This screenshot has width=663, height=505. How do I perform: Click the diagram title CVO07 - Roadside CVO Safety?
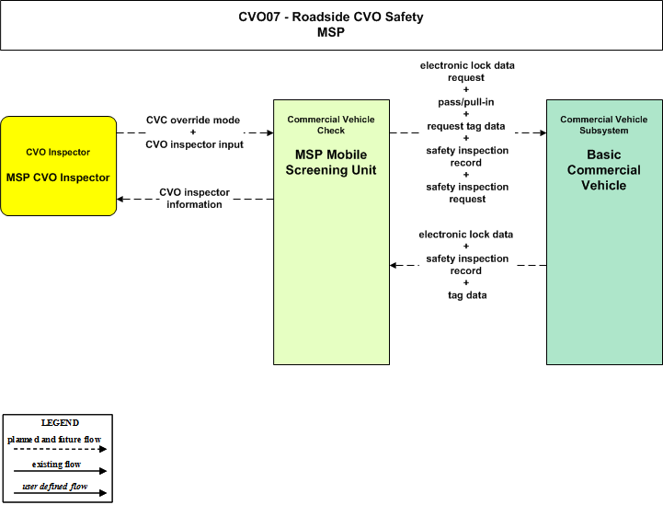[x=331, y=17]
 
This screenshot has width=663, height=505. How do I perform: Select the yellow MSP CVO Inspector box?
[x=58, y=166]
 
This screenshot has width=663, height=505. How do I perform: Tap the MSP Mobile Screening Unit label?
[x=331, y=163]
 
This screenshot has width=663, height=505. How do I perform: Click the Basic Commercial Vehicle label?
[x=604, y=170]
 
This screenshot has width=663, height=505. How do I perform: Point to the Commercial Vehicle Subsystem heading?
[x=604, y=125]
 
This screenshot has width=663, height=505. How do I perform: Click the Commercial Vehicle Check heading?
[x=331, y=125]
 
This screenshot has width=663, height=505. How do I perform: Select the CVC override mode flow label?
[x=193, y=121]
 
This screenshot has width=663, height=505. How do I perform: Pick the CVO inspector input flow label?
[x=195, y=144]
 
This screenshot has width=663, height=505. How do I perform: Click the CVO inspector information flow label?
[x=195, y=199]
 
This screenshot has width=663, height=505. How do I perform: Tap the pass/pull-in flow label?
[x=466, y=102]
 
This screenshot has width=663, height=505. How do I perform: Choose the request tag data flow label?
[x=466, y=126]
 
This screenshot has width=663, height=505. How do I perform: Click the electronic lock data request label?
[x=467, y=72]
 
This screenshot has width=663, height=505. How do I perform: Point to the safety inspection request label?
[x=467, y=193]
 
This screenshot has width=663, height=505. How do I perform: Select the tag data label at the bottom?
[x=467, y=295]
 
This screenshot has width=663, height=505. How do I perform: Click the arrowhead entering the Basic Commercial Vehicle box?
[x=543, y=132]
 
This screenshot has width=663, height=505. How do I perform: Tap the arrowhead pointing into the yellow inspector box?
[x=120, y=199]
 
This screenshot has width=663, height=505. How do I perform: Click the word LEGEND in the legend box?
[x=60, y=423]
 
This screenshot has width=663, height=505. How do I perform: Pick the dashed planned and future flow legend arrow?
[x=60, y=449]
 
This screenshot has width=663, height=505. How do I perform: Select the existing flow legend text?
[x=56, y=465]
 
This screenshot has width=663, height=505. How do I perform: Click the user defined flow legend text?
[x=55, y=487]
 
